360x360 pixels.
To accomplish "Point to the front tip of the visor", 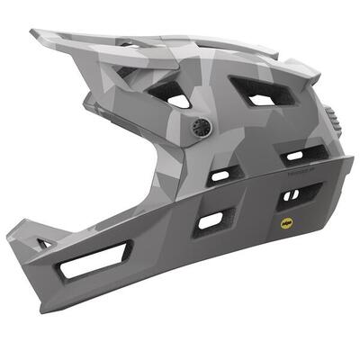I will (33, 35).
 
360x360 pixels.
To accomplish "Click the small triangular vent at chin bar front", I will (44, 243).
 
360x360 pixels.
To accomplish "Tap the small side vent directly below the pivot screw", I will (219, 175).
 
